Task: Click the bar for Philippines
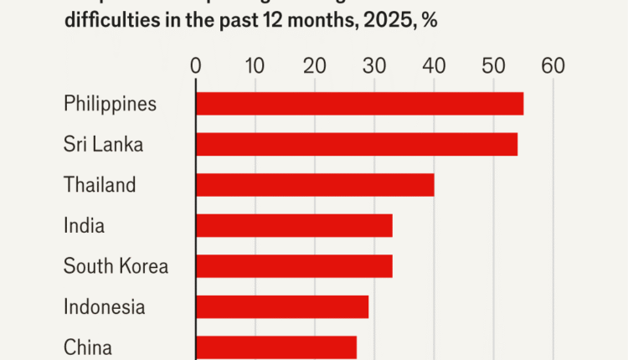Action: pyautogui.click(x=359, y=104)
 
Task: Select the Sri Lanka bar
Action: pyautogui.click(x=356, y=144)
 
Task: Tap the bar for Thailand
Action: pyautogui.click(x=315, y=184)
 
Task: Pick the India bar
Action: pyautogui.click(x=294, y=225)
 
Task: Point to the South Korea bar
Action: pyautogui.click(x=294, y=266)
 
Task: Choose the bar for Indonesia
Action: pyautogui.click(x=282, y=306)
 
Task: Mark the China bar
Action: pyautogui.click(x=276, y=347)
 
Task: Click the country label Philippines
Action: pyautogui.click(x=111, y=104)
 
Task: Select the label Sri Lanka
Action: pyautogui.click(x=103, y=144)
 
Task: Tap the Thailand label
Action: pyautogui.click(x=100, y=184)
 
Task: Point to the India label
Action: pyautogui.click(x=84, y=225)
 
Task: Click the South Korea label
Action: pyautogui.click(x=116, y=266)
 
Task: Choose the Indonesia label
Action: pyautogui.click(x=104, y=306)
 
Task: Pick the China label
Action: pyautogui.click(x=88, y=347)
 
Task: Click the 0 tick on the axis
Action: pyautogui.click(x=196, y=65)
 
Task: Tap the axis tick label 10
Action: pyautogui.click(x=255, y=65)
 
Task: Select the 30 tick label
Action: pyautogui.click(x=374, y=65)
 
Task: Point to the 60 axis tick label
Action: pyautogui.click(x=553, y=65)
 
